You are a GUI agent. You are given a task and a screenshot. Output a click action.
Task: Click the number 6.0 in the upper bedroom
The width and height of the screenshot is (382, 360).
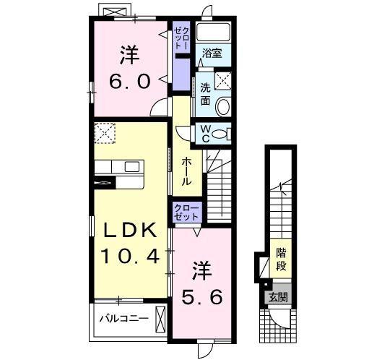pos(131,80)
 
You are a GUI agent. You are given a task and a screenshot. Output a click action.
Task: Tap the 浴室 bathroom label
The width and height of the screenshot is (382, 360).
pos(211,53)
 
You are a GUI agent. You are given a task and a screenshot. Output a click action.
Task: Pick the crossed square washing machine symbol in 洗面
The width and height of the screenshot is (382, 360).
pos(222,81)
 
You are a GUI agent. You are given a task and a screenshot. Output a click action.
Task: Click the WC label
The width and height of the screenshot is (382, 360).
pos(206,134)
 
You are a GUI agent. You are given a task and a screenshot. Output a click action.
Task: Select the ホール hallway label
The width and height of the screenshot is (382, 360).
pos(186,171)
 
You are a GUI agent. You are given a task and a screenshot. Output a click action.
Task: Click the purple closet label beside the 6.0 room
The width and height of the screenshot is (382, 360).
pos(180,38)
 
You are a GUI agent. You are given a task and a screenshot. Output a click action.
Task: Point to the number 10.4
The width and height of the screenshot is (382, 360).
pos(130,255)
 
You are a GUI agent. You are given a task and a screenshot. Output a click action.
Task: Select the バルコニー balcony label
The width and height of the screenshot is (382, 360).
pos(123,318)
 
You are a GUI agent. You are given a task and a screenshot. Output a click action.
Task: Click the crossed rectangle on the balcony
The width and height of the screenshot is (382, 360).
pos(161,318)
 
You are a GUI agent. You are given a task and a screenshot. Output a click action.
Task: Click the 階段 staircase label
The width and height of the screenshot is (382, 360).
pos(282,260)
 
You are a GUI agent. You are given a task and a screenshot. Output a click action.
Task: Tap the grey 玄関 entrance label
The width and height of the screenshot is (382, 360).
pos(279,296)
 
